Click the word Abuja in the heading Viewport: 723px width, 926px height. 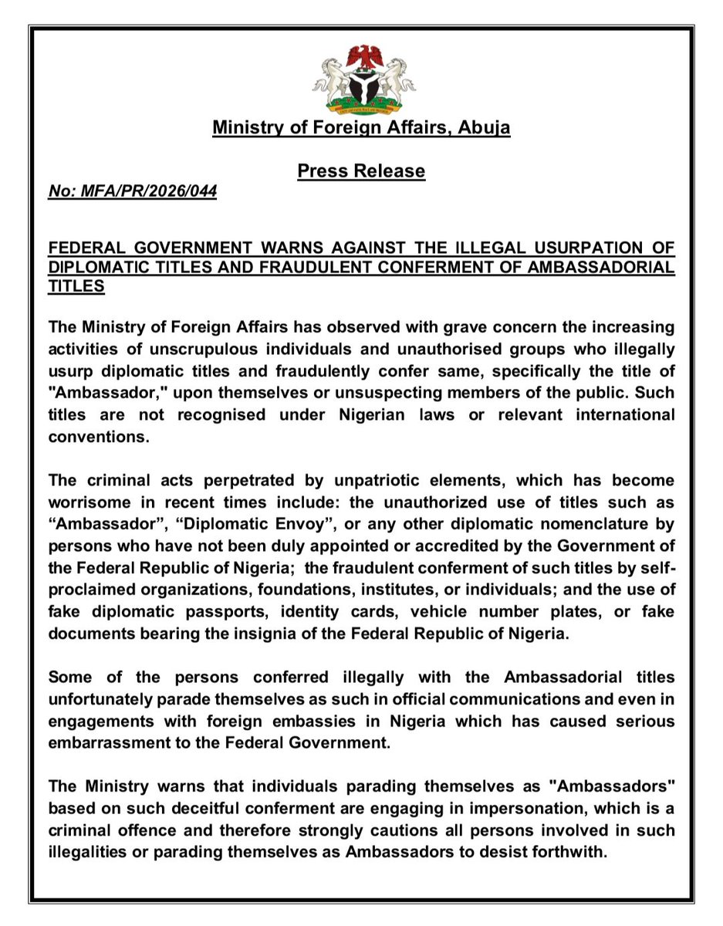tap(483, 127)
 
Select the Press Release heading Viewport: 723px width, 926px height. tap(361, 171)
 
